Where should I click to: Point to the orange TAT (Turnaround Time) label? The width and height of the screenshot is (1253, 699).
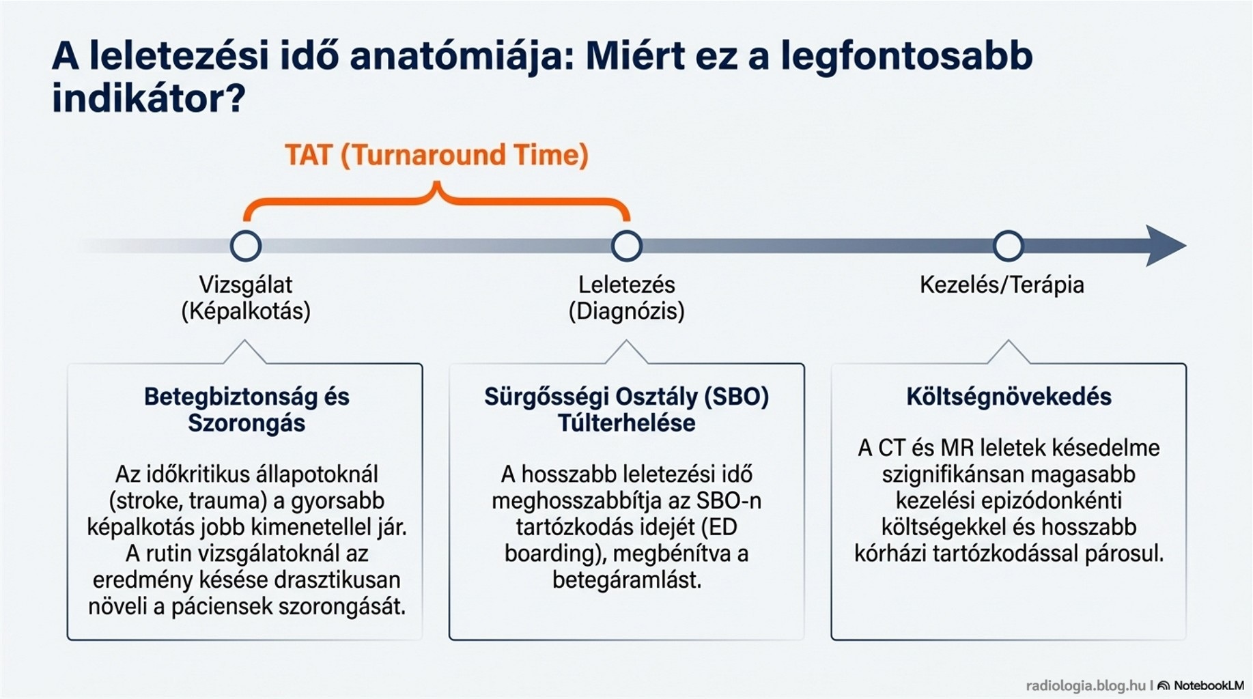(436, 155)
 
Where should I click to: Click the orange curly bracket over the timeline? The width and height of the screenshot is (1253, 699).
(437, 199)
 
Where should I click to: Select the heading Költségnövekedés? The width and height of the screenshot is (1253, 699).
(1009, 397)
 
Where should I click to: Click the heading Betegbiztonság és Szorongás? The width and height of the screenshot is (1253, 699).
(247, 410)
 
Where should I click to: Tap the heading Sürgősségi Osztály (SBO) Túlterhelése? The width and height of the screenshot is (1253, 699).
(627, 410)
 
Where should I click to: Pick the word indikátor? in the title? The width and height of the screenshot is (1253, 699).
(148, 98)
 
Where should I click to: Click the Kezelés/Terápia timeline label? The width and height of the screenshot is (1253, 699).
(1002, 285)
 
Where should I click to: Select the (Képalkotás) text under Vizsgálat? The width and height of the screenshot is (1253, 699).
(246, 311)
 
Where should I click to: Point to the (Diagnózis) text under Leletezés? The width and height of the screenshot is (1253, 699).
(627, 311)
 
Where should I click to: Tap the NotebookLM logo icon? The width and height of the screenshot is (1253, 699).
(1164, 685)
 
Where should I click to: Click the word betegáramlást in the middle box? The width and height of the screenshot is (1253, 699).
(627, 580)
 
